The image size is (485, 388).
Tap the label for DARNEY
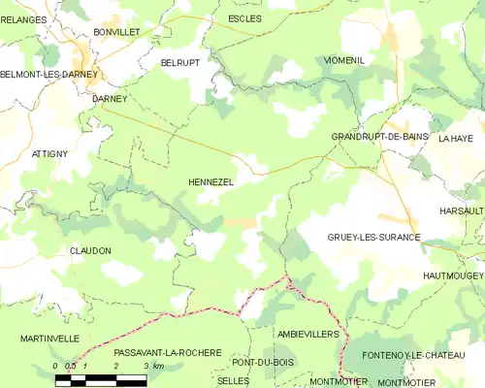[110, 99]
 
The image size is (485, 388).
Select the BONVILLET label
[117, 32]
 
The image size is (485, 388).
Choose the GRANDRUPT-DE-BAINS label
[380, 138]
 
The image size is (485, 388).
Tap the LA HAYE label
[455, 139]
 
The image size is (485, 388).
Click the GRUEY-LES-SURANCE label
[373, 237]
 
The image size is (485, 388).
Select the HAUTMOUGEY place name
[453, 276]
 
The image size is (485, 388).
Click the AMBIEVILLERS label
[307, 334]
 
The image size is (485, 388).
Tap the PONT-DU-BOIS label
[262, 362]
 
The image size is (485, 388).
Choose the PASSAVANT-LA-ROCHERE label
[167, 352]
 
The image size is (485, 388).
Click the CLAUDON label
[90, 250]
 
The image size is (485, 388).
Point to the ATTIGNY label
[49, 154]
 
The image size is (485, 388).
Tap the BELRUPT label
[179, 62]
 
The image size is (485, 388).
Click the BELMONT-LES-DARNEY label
[46, 75]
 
